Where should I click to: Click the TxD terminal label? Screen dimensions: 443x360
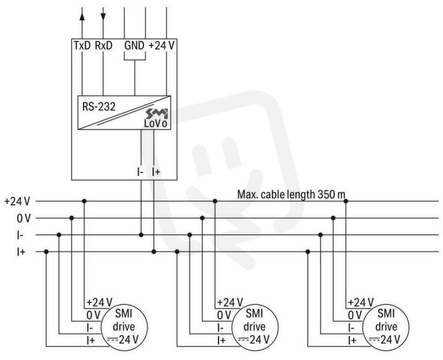pyautogui.click(x=82, y=46)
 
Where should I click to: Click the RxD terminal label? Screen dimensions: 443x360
pyautogui.click(x=103, y=46)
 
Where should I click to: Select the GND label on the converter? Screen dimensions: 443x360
pyautogui.click(x=134, y=46)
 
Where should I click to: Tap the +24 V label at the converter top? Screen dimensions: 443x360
pyautogui.click(x=161, y=46)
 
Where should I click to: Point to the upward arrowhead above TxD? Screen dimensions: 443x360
pyautogui.click(x=82, y=16)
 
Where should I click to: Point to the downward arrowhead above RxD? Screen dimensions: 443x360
pyautogui.click(x=103, y=17)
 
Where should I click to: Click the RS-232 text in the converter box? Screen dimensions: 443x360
pyautogui.click(x=99, y=107)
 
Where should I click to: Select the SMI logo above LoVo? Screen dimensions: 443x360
pyautogui.click(x=157, y=113)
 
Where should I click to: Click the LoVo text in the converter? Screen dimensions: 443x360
pyautogui.click(x=155, y=124)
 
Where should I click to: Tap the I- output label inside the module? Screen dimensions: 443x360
pyautogui.click(x=140, y=172)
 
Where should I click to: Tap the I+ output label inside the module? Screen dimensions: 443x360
pyautogui.click(x=156, y=172)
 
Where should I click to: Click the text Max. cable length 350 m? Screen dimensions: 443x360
pyautogui.click(x=291, y=194)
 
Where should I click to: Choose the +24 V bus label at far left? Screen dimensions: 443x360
pyautogui.click(x=17, y=202)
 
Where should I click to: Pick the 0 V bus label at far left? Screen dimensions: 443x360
pyautogui.click(x=23, y=218)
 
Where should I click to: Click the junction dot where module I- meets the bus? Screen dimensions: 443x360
pyautogui.click(x=141, y=235)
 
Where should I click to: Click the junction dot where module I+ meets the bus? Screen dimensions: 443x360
pyautogui.click(x=154, y=251)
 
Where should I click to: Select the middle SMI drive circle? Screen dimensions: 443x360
pyautogui.click(x=255, y=328)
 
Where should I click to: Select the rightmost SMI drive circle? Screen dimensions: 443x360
pyautogui.click(x=386, y=328)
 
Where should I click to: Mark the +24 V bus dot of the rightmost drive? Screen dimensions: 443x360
pyautogui.click(x=346, y=201)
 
